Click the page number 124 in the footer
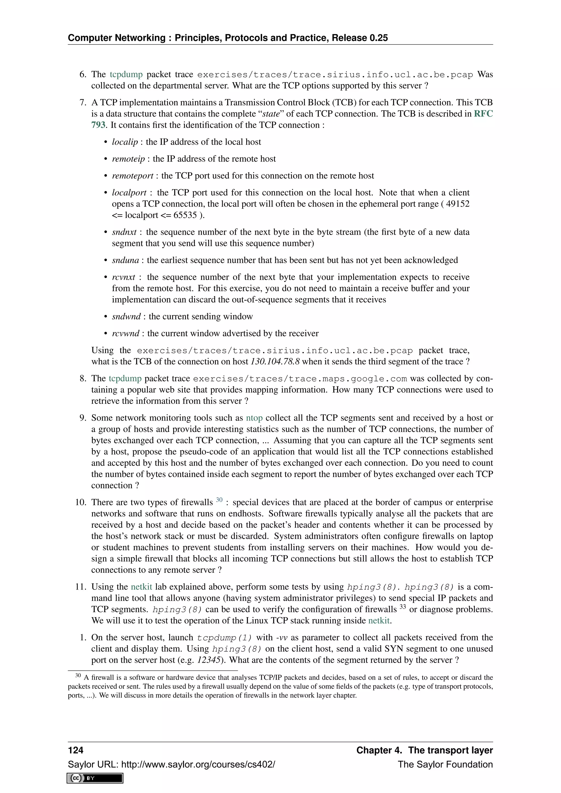pyautogui.click(x=76, y=750)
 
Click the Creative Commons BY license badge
pyautogui.click(x=95, y=778)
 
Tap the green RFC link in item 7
pyautogui.click(x=483, y=114)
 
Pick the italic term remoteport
pyautogui.click(x=132, y=176)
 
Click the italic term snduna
pyautogui.click(x=125, y=260)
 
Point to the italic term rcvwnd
pyautogui.click(x=125, y=333)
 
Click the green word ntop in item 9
pyautogui.click(x=254, y=418)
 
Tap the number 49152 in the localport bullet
pyautogui.click(x=457, y=204)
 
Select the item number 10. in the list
pyautogui.click(x=81, y=502)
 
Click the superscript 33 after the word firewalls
pyautogui.click(x=402, y=607)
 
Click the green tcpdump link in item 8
pyautogui.click(x=125, y=378)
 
